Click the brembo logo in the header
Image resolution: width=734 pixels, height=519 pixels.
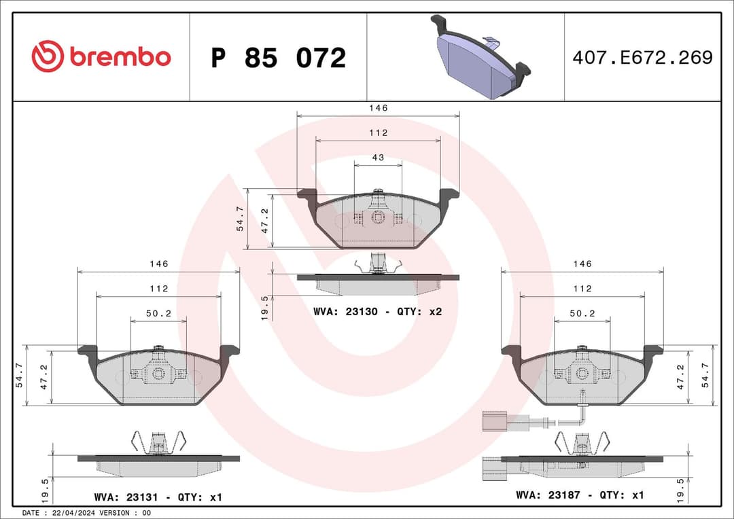(x=101, y=57)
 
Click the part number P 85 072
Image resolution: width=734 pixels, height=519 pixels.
(x=278, y=58)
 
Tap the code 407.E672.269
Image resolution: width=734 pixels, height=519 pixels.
(x=642, y=58)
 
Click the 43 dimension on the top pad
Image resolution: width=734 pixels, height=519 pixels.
(x=378, y=158)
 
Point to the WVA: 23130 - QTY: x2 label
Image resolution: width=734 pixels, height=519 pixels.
(x=378, y=312)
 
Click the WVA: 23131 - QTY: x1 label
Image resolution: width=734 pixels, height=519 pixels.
(x=158, y=497)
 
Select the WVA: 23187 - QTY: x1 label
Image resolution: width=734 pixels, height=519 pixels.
(x=580, y=495)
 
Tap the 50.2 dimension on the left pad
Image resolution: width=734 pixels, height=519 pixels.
(x=158, y=313)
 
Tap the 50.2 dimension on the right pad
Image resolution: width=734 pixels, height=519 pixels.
(x=582, y=313)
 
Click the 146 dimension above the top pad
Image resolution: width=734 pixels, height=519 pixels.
(x=378, y=108)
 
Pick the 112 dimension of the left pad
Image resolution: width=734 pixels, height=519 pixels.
(x=158, y=289)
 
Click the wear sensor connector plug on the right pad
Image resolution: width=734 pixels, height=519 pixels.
(x=494, y=420)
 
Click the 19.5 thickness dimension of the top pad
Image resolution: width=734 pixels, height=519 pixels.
(x=266, y=307)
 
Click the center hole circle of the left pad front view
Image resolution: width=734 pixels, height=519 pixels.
(x=158, y=374)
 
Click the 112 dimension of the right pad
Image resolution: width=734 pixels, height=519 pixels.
(x=582, y=289)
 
